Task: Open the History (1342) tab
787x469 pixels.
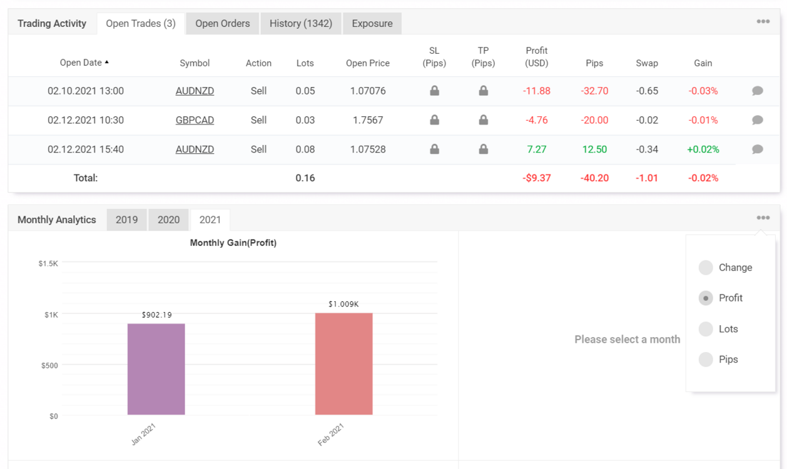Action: pyautogui.click(x=301, y=24)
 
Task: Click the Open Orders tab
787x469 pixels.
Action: pyautogui.click(x=222, y=24)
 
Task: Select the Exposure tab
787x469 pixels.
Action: pyautogui.click(x=372, y=24)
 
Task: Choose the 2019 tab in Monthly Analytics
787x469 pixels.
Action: pyautogui.click(x=126, y=220)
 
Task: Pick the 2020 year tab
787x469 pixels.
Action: pyautogui.click(x=168, y=220)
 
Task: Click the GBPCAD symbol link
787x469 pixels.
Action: pyautogui.click(x=195, y=120)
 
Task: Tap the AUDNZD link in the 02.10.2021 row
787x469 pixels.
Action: pyautogui.click(x=195, y=91)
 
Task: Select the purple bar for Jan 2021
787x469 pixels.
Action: pyautogui.click(x=156, y=369)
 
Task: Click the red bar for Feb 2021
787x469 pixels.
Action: pyautogui.click(x=343, y=364)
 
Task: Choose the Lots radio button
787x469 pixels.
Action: pyautogui.click(x=706, y=329)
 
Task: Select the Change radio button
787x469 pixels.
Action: pyautogui.click(x=706, y=268)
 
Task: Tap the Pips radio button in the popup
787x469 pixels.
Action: pyautogui.click(x=706, y=360)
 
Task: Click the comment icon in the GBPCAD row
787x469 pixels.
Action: pyautogui.click(x=757, y=120)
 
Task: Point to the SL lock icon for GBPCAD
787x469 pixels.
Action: pyautogui.click(x=434, y=120)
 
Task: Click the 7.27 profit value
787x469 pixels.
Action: pyautogui.click(x=537, y=149)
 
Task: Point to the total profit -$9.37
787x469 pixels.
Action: pyautogui.click(x=537, y=178)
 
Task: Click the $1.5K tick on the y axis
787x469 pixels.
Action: pyautogui.click(x=48, y=263)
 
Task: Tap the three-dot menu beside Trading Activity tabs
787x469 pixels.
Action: pyautogui.click(x=763, y=21)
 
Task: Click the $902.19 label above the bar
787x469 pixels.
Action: pyautogui.click(x=156, y=315)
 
